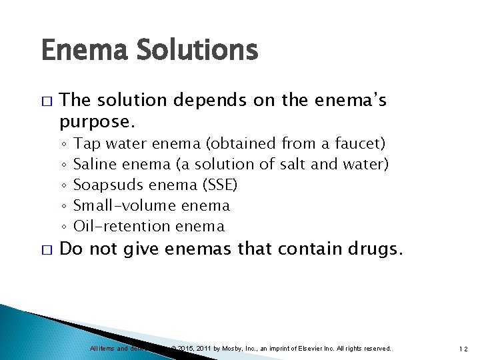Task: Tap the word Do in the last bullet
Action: coord(70,250)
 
